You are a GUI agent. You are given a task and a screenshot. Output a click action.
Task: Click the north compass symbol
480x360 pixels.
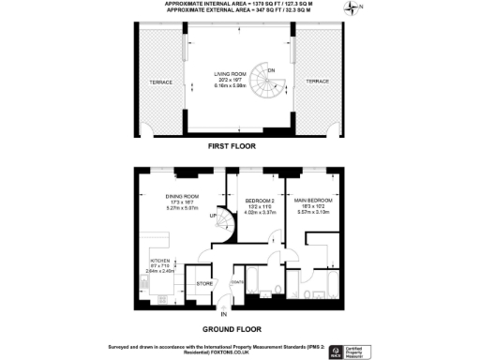(x=353, y=9)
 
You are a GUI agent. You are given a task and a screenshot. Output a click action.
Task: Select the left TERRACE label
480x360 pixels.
(x=160, y=82)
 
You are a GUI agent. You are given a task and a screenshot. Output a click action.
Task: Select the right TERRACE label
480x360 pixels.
(x=317, y=82)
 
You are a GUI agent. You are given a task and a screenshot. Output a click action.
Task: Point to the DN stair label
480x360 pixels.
(x=271, y=71)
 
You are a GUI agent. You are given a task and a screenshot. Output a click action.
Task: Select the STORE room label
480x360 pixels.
(x=202, y=280)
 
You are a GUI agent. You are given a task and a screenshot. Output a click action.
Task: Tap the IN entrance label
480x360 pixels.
(x=223, y=313)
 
